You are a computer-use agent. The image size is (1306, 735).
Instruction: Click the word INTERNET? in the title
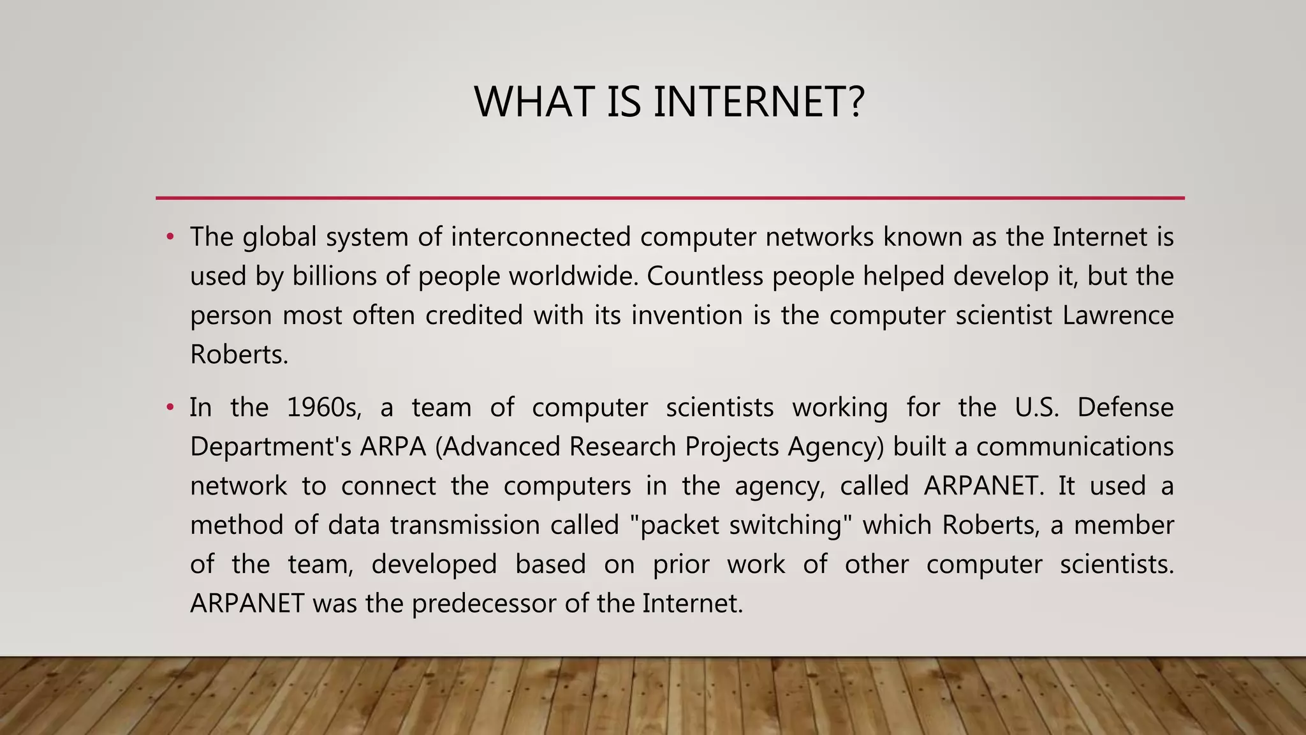click(x=759, y=102)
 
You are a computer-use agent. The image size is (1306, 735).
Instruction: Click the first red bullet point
click(x=170, y=237)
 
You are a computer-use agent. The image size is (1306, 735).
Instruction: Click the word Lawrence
click(x=1117, y=315)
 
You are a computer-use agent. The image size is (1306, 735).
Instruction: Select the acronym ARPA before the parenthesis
click(x=393, y=447)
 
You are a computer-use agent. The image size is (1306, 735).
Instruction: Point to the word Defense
click(x=1125, y=408)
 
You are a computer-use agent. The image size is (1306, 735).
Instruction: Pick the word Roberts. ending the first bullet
click(x=239, y=355)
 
